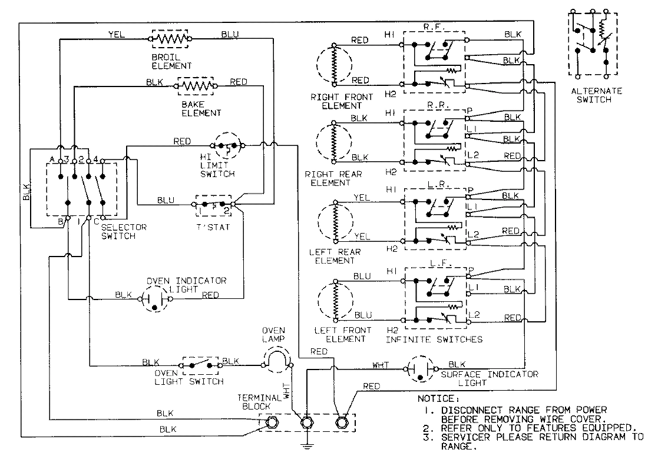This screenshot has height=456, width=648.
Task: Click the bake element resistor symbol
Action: (x=196, y=86)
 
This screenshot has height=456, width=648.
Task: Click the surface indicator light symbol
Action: (x=421, y=369)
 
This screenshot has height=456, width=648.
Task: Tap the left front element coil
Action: (x=333, y=298)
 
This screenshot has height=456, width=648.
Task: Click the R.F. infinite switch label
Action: (x=434, y=27)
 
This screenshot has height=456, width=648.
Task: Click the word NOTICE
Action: (x=438, y=398)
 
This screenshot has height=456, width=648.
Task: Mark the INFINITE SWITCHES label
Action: (x=434, y=339)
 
